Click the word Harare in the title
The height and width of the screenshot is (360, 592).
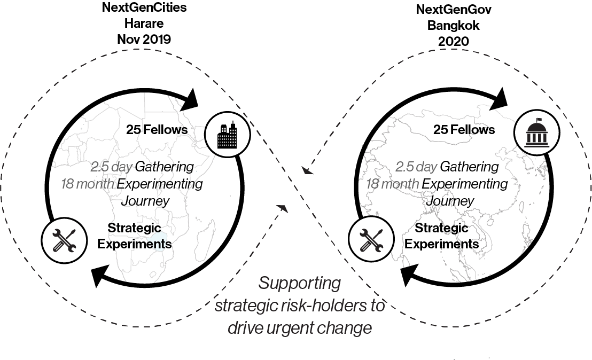tap(144, 23)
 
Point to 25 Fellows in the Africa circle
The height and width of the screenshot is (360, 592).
tap(157, 130)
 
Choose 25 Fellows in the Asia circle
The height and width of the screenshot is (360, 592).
tap(464, 130)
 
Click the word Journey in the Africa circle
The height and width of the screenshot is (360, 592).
tap(145, 201)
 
